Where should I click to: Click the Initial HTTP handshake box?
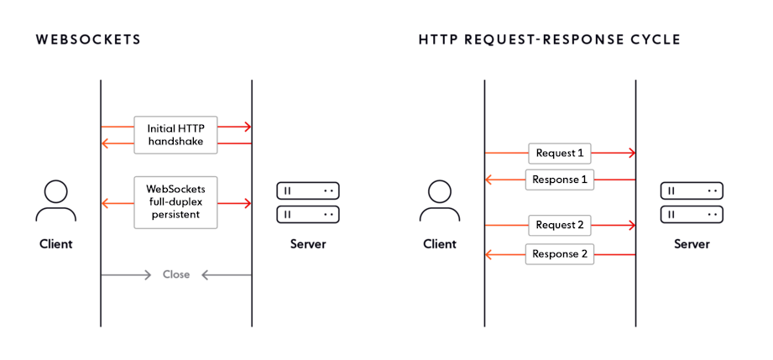click(x=175, y=135)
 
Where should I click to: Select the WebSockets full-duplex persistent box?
click(x=175, y=202)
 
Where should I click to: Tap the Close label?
click(x=176, y=274)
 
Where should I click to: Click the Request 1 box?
click(x=560, y=154)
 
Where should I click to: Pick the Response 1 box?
click(x=560, y=180)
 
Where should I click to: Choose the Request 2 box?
click(x=560, y=225)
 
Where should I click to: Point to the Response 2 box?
click(x=560, y=253)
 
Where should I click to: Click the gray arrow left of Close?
click(x=126, y=274)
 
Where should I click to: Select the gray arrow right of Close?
click(x=227, y=274)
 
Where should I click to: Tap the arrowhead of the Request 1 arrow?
click(x=630, y=154)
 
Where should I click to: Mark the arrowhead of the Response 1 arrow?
click(x=490, y=180)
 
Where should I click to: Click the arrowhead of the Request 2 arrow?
click(x=630, y=225)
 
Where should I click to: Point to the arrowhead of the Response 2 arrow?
click(x=490, y=253)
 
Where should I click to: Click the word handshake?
click(x=175, y=143)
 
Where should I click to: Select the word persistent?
click(x=176, y=216)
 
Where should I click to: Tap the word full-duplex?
click(x=176, y=202)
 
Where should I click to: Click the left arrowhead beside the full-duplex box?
click(x=106, y=203)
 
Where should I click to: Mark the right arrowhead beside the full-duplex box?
click(x=247, y=203)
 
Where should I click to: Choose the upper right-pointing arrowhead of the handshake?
click(x=247, y=127)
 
